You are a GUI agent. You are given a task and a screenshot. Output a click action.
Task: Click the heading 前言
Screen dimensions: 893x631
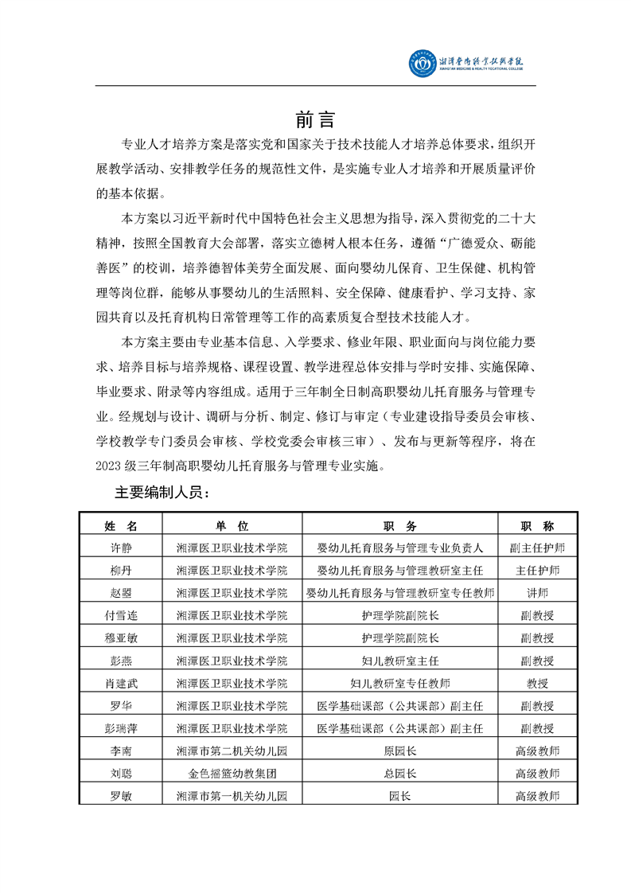tap(315, 120)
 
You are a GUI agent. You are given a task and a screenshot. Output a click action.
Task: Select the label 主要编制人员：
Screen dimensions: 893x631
tap(162, 494)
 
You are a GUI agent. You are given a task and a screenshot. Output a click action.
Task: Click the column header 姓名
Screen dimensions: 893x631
tap(121, 526)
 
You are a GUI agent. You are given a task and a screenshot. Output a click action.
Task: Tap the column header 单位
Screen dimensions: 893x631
tap(232, 526)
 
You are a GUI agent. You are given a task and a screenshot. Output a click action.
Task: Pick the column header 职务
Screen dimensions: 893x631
tap(399, 526)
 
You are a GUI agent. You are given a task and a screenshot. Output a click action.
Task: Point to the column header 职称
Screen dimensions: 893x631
tap(537, 526)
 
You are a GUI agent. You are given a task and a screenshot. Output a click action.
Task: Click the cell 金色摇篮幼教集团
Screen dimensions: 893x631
tap(232, 773)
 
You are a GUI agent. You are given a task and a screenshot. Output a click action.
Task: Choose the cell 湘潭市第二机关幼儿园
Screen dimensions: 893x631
tap(232, 751)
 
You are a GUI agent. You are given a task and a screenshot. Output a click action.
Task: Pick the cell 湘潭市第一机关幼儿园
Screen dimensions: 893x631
tap(232, 795)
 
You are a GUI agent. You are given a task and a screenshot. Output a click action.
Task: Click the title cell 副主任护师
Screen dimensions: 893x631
tap(537, 548)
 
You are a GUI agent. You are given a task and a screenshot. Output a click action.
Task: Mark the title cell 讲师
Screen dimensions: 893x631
tap(537, 592)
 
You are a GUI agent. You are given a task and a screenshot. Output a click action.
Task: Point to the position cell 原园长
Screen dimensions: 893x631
tap(399, 751)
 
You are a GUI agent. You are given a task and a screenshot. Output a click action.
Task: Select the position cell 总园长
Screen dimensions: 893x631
tap(399, 773)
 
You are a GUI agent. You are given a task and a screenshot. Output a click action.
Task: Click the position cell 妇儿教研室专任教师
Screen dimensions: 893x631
tap(399, 683)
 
